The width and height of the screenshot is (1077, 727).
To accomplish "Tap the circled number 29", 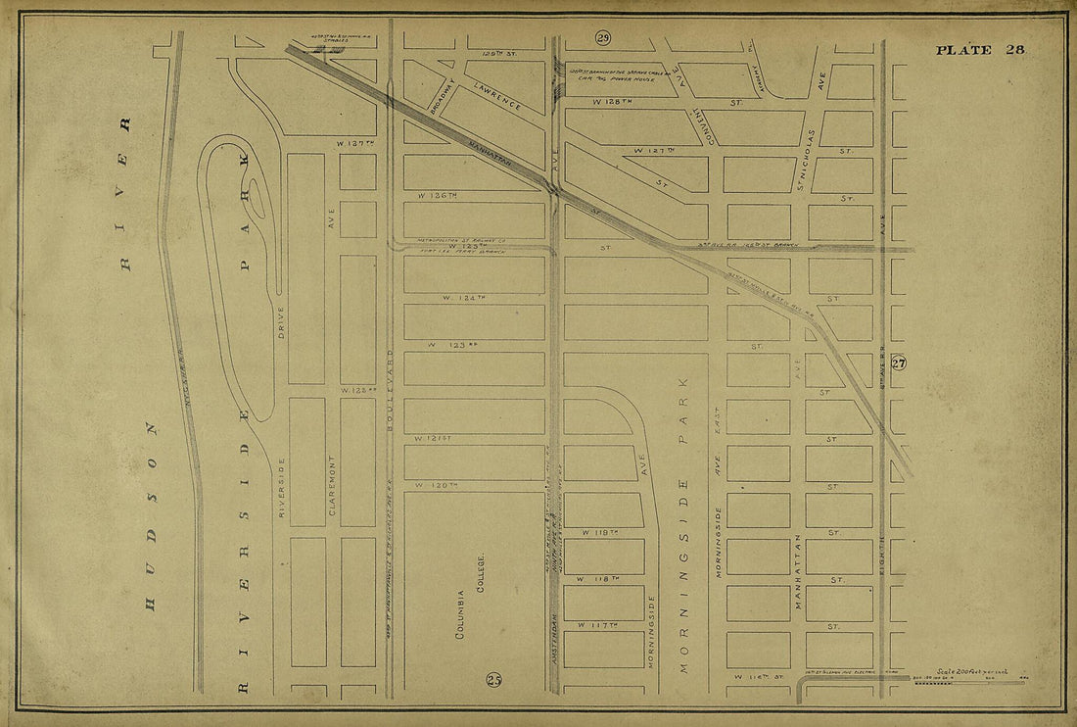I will coord(603,38).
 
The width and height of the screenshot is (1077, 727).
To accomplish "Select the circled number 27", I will coord(899,363).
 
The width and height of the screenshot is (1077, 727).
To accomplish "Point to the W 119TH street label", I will coord(601,532).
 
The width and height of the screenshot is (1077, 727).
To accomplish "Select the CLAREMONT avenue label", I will coord(333,485).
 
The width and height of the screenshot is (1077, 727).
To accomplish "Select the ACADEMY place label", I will coord(755,73).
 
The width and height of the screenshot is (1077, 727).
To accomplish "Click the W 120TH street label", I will coord(436,485).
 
